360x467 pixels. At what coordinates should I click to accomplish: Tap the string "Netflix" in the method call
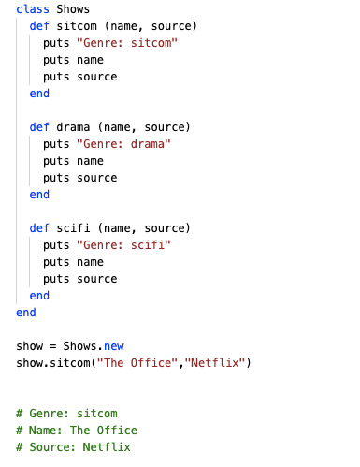pyautogui.click(x=211, y=363)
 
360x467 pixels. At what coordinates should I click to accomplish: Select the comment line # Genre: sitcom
pyautogui.click(x=66, y=414)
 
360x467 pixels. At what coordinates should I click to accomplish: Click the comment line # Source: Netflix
pyautogui.click(x=73, y=447)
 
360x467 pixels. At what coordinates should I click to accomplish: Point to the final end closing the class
pyautogui.click(x=26, y=313)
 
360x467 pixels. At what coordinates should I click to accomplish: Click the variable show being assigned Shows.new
pyautogui.click(x=31, y=346)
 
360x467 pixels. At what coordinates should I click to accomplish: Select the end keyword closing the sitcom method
pyautogui.click(x=39, y=94)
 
